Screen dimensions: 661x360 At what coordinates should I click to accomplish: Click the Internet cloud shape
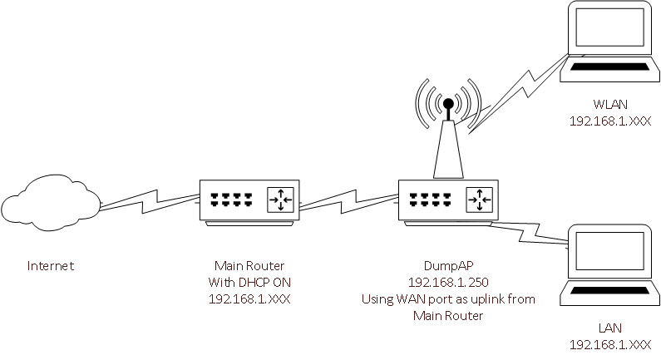pos(51,203)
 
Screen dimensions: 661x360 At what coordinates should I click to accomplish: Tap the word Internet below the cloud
pos(51,265)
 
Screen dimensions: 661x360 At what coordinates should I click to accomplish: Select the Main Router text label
pos(249,265)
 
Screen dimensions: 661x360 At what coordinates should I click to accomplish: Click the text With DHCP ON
pos(249,282)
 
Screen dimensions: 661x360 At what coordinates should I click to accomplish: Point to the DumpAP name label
pos(448,265)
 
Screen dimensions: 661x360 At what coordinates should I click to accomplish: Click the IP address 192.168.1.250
pos(448,282)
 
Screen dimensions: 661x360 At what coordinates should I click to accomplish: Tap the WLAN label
pos(610,104)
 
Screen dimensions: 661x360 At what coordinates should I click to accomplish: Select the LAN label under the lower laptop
pos(610,328)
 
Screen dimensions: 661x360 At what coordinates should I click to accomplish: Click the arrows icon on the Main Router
pos(280,200)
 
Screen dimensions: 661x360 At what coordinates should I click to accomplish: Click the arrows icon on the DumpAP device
pos(479,200)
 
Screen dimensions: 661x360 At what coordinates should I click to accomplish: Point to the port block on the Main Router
pos(232,200)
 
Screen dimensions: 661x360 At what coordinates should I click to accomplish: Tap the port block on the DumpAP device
pos(431,200)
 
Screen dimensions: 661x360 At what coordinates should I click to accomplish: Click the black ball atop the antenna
pos(448,103)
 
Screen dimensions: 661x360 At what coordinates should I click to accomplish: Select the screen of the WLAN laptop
pos(609,27)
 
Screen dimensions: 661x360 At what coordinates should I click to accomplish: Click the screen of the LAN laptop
pos(609,251)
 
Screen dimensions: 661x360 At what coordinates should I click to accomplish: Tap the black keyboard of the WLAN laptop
pos(609,67)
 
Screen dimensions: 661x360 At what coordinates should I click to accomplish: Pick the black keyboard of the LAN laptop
pos(609,290)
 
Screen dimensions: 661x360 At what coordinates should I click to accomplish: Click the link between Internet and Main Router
pos(150,201)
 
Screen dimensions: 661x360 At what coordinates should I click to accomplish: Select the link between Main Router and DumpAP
pos(348,201)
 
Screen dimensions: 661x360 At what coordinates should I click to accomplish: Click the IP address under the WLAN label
pos(610,121)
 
